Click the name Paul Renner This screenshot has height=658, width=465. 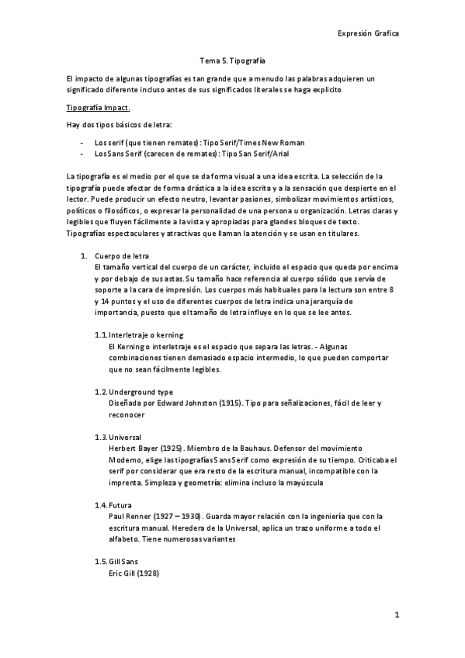134,517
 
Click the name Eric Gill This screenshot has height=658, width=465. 127,573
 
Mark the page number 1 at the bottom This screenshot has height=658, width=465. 396,615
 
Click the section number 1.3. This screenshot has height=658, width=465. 100,438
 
